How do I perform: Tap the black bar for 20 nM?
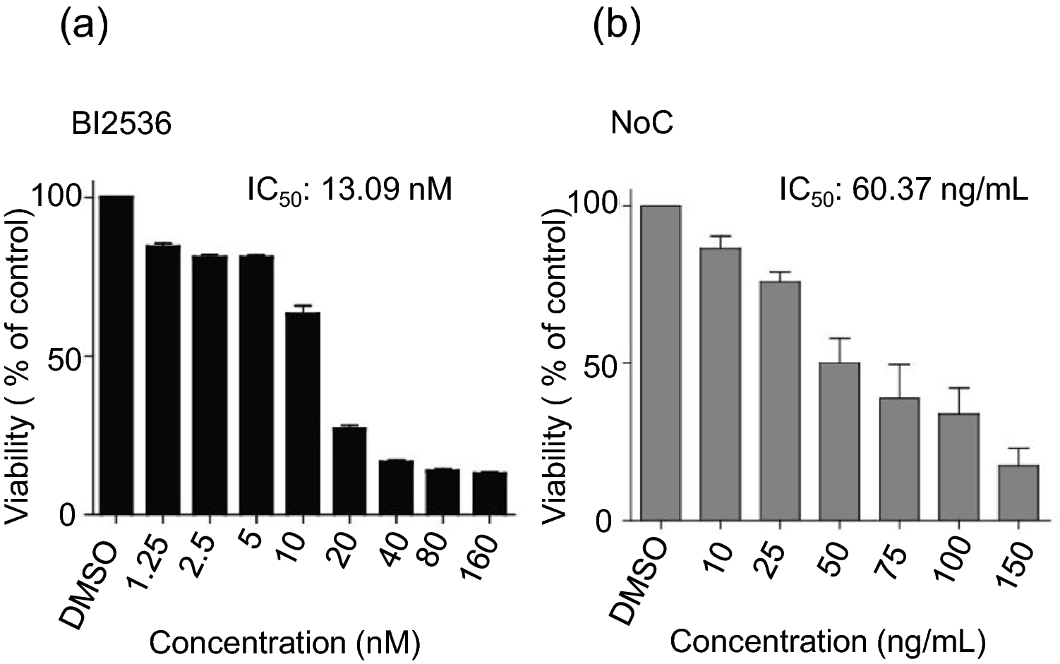tap(349, 471)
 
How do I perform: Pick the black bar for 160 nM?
tap(490, 493)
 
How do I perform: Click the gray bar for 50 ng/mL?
tap(839, 442)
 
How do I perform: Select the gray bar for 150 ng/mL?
tap(1018, 493)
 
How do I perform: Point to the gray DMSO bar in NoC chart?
tap(661, 363)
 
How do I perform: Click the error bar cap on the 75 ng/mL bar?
tap(898, 365)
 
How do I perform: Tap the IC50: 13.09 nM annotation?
tap(349, 190)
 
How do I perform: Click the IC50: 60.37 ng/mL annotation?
tap(903, 190)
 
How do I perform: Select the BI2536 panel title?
tap(121, 125)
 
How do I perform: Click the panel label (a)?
tap(84, 28)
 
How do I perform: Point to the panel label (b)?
tap(616, 28)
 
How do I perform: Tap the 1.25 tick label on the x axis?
tap(150, 560)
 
